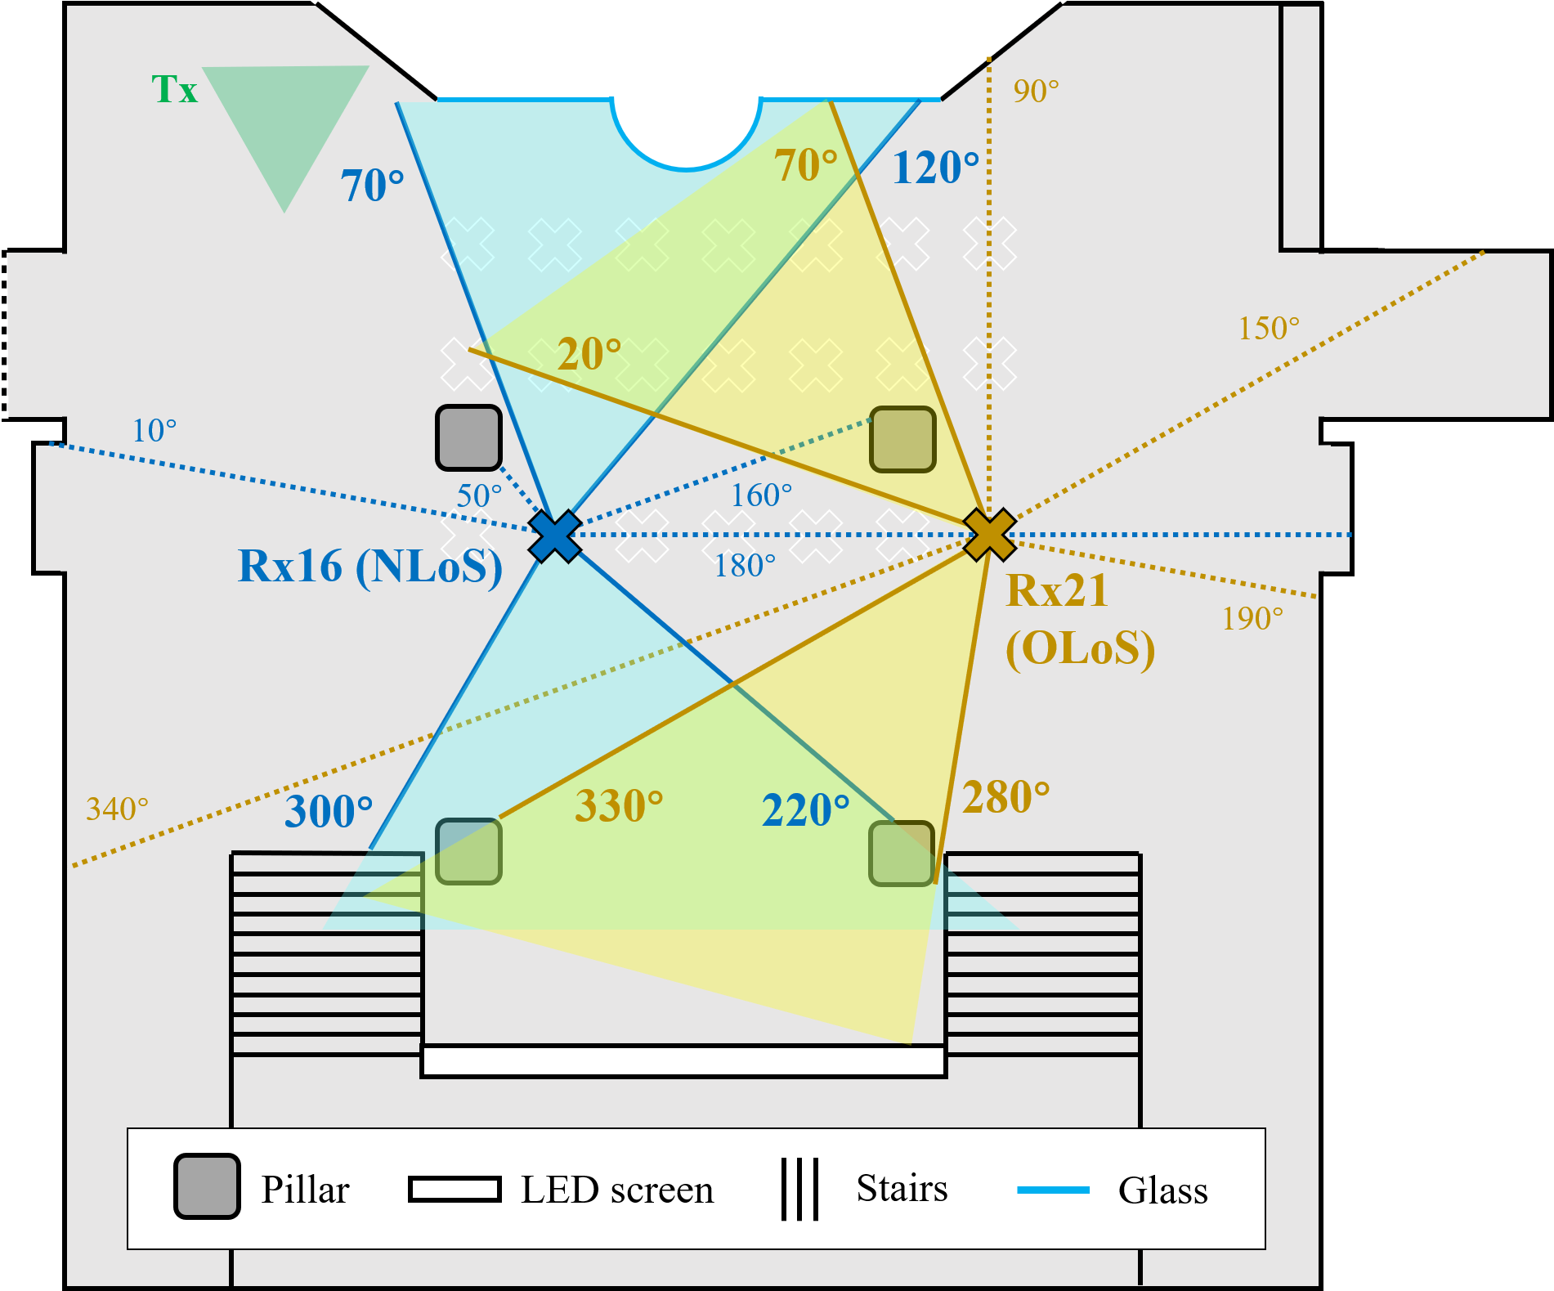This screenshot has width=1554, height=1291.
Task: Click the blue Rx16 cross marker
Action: coord(554,536)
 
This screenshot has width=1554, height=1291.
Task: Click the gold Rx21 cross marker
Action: coord(989,534)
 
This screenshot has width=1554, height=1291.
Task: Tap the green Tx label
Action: coord(175,89)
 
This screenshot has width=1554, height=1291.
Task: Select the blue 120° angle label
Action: coord(935,168)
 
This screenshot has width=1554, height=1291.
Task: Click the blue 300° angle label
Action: coord(329,811)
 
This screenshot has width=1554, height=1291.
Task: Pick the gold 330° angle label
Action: coord(619,805)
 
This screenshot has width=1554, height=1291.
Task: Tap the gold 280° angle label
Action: coord(1006,797)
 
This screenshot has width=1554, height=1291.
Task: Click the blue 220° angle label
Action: coord(806,810)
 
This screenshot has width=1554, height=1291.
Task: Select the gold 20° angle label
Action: coord(589,354)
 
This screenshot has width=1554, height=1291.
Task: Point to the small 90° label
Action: coord(1036,91)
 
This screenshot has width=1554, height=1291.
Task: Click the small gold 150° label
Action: coord(1269,328)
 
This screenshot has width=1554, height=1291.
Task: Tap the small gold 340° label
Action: coord(118,809)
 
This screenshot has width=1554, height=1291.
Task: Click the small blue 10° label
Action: coord(155,430)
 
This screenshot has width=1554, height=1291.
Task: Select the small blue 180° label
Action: coord(745,565)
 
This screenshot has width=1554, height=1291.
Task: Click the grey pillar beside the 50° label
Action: coord(468,438)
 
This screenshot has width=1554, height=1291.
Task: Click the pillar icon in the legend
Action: coord(207,1186)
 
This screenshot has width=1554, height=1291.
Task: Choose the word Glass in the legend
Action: coord(1162,1190)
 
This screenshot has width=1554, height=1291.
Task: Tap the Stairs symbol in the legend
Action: coord(799,1189)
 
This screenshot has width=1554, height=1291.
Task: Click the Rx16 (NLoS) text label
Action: coord(369,567)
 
